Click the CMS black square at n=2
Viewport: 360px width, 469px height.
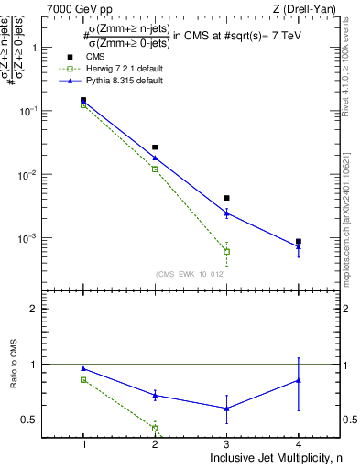point(155,147)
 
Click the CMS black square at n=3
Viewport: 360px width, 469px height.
point(226,198)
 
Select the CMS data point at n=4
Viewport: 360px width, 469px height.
point(299,241)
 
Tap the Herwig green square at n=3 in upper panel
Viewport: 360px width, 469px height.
point(226,251)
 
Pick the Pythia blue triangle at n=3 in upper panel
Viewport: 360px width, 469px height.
point(226,213)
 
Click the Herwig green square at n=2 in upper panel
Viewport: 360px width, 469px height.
point(155,169)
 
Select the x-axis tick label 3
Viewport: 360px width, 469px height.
point(226,442)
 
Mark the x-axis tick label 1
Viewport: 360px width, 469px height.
point(83,442)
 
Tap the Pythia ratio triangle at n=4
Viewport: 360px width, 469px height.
point(299,380)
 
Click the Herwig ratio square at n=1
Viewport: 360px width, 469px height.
point(83,379)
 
